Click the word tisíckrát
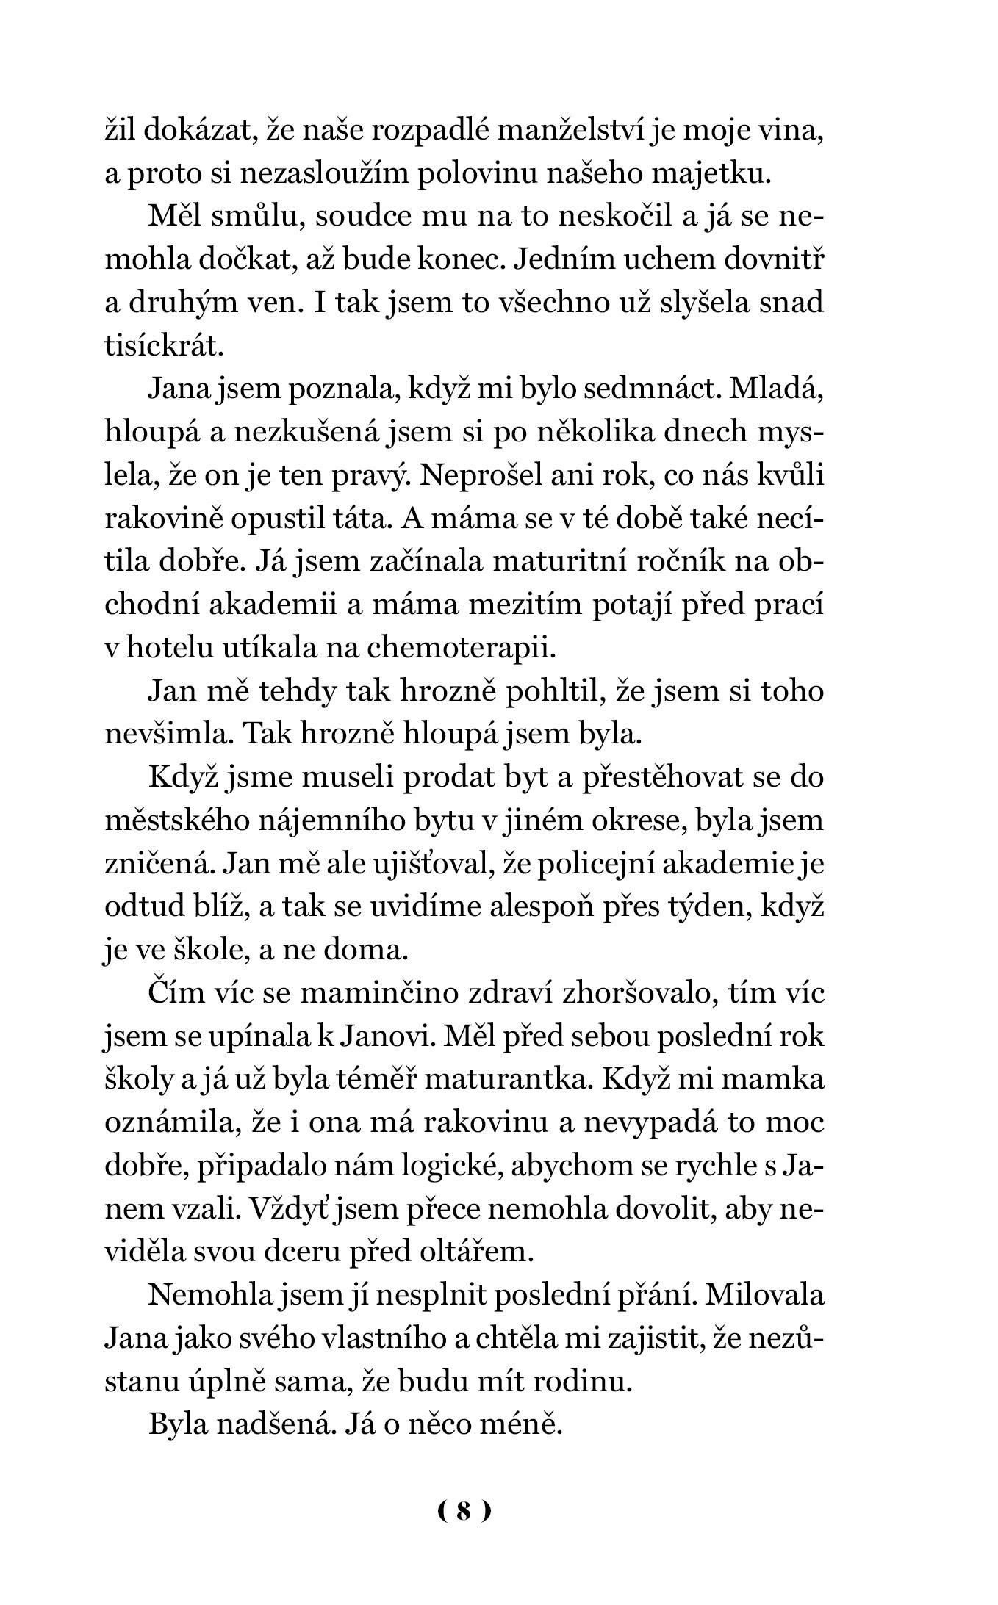point(163,347)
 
